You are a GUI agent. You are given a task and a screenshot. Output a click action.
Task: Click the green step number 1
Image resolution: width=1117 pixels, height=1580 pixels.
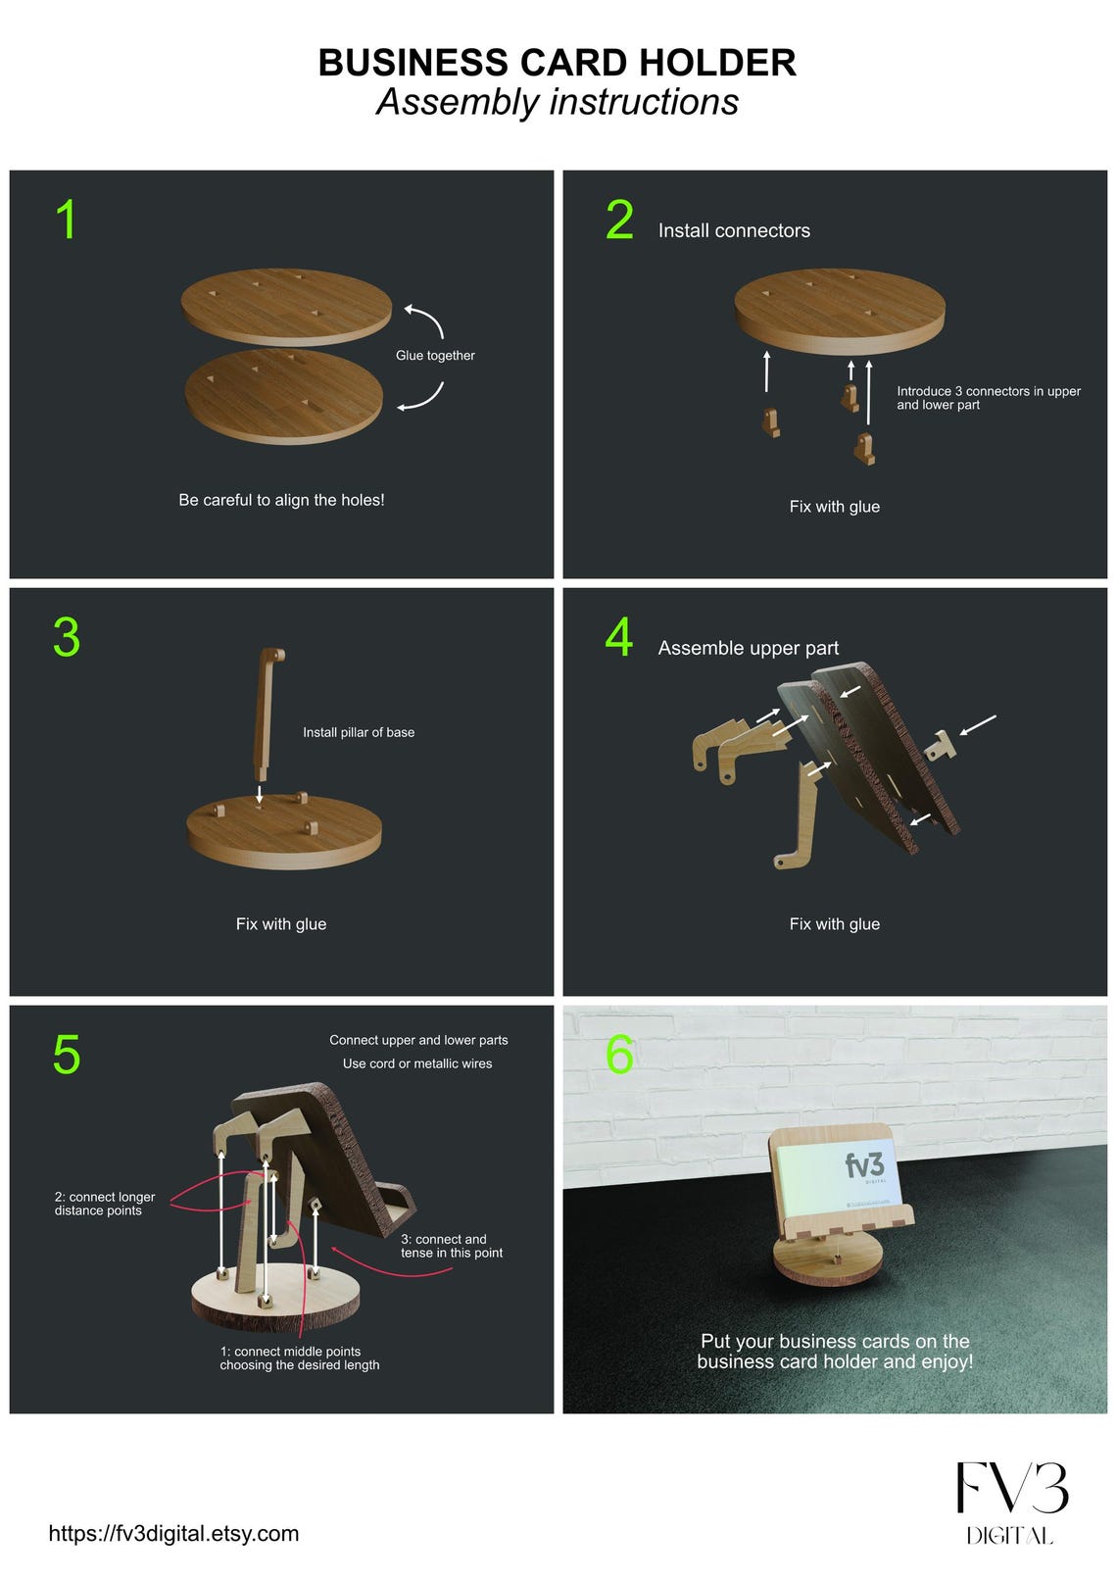coord(67,220)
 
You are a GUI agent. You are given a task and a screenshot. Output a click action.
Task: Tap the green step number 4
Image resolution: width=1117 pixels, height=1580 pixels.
coord(618,637)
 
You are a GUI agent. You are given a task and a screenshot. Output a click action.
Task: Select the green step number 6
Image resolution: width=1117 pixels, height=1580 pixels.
coord(619,1055)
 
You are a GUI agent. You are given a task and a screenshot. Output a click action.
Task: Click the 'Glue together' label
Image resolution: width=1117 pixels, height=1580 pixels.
coord(435,356)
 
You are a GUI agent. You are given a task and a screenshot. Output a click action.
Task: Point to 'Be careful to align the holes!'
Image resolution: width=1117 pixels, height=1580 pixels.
coord(281,500)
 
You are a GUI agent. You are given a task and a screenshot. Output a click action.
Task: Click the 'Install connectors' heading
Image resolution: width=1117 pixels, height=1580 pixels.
coord(734,230)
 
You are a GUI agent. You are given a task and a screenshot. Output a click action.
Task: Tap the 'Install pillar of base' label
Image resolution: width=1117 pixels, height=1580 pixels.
coord(359,732)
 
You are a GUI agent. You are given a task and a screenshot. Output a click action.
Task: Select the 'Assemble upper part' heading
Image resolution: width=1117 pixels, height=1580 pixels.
coord(749,648)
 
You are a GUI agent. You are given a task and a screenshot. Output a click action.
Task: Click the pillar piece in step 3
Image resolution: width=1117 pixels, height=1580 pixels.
coord(267,713)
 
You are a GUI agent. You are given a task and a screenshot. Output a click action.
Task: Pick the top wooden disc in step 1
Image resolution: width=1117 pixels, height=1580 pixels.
coord(286,307)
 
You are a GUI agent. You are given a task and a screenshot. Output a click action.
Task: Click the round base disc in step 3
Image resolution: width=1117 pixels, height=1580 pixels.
coord(283,832)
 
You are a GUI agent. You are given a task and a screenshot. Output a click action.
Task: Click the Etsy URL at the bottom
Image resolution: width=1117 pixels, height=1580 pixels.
coord(173,1534)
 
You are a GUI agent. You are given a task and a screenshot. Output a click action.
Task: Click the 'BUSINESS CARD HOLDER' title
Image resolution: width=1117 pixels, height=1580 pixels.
coord(558,62)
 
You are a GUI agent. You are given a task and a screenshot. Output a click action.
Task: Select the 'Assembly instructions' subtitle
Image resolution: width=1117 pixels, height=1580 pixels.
coord(558,102)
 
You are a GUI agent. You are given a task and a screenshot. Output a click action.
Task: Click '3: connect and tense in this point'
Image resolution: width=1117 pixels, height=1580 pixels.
coord(452,1246)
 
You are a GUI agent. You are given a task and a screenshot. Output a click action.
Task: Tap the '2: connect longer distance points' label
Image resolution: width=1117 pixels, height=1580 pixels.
coord(105,1204)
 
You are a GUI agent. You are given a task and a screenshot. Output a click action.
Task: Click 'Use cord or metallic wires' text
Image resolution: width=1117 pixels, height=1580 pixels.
coord(417,1063)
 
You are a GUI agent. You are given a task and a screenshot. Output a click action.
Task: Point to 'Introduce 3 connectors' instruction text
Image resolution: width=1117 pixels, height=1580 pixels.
coord(989,398)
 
